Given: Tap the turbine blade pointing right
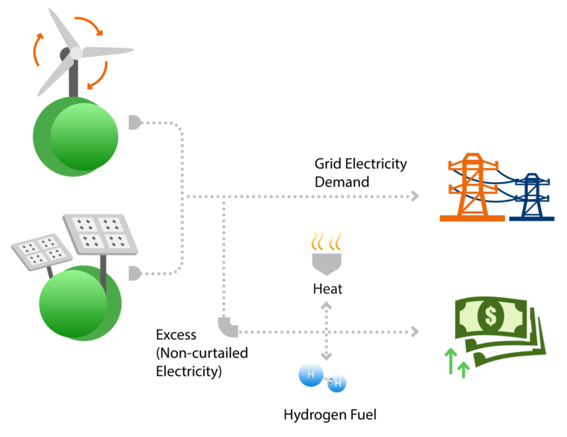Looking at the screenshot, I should [107, 52].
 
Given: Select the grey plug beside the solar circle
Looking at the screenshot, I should [134, 272].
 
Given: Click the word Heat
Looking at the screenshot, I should [327, 289].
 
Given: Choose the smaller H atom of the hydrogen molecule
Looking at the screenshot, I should [337, 384].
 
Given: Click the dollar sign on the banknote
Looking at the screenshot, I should [490, 316].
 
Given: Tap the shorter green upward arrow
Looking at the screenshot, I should [464, 368].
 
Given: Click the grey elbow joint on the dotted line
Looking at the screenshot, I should [228, 327].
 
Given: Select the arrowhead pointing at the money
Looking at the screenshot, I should [415, 331].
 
